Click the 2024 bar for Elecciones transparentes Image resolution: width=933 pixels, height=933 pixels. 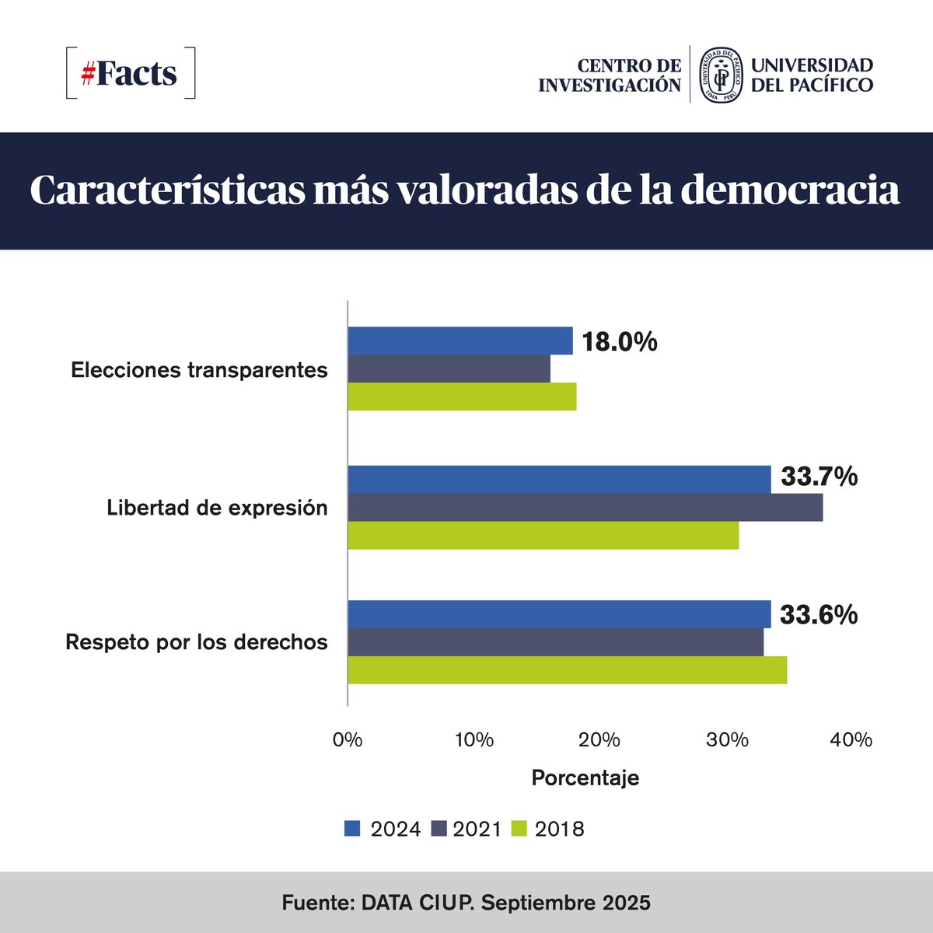pyautogui.click(x=460, y=341)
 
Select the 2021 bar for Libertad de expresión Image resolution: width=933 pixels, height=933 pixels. pyautogui.click(x=585, y=508)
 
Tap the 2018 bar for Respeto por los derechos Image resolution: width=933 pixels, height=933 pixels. pyautogui.click(x=567, y=670)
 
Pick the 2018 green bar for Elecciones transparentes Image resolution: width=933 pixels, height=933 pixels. pyautogui.click(x=462, y=397)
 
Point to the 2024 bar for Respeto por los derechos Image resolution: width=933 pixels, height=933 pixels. pyautogui.click(x=559, y=614)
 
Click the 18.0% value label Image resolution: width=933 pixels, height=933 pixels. pyautogui.click(x=620, y=342)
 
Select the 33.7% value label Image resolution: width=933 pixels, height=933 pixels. pyautogui.click(x=819, y=477)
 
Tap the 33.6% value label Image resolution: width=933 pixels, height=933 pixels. pyautogui.click(x=819, y=615)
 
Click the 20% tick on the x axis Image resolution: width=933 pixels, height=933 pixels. pyautogui.click(x=599, y=739)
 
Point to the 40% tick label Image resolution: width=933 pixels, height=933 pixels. pyautogui.click(x=851, y=739)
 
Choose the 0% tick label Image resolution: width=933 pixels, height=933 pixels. pyautogui.click(x=347, y=739)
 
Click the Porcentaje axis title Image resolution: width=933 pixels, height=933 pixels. pyautogui.click(x=585, y=777)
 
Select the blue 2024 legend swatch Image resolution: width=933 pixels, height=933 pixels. pyautogui.click(x=352, y=829)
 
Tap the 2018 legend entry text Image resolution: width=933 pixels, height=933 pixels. pyautogui.click(x=560, y=830)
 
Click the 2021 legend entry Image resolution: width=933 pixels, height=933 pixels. pyautogui.click(x=477, y=830)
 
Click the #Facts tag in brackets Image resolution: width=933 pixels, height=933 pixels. pyautogui.click(x=130, y=73)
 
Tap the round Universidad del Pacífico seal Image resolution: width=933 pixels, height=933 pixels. pyautogui.click(x=719, y=74)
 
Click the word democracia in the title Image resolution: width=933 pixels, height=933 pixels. pyautogui.click(x=790, y=190)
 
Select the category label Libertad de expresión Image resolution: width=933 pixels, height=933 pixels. pyautogui.click(x=217, y=508)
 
